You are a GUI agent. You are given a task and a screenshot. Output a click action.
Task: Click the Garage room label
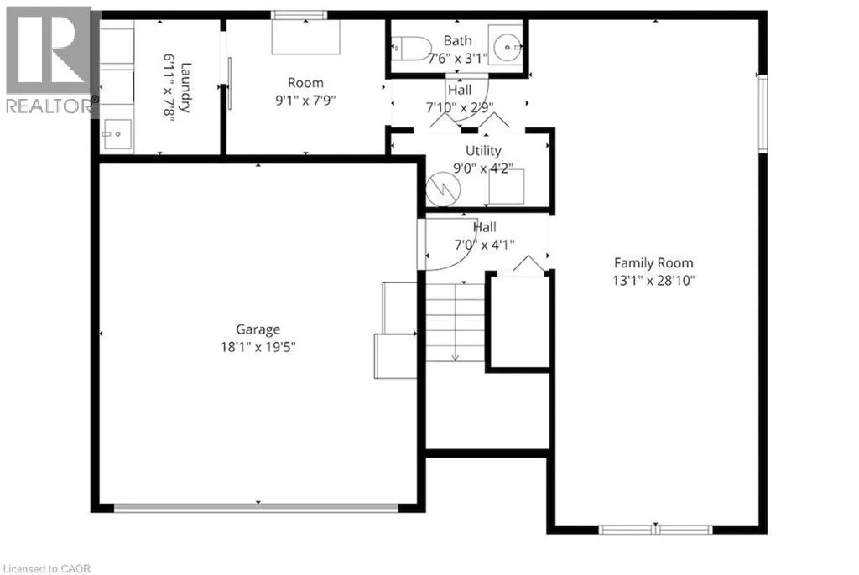pos(258,329)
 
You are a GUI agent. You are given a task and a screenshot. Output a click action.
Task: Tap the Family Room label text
pos(653,263)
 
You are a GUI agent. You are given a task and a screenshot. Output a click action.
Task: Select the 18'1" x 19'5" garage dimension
pos(258,347)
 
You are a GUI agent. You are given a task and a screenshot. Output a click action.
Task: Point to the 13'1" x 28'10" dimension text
pos(653,281)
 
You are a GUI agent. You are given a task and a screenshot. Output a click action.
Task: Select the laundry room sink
pos(116,133)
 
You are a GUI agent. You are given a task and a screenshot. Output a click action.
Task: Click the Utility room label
pos(483,151)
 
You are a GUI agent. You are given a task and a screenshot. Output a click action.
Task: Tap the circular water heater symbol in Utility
pos(443,189)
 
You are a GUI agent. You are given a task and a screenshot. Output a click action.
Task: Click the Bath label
pos(457,40)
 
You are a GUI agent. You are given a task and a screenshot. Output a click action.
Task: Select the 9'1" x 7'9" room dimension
pos(305,101)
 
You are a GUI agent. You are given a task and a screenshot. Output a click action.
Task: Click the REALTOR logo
pos(49,60)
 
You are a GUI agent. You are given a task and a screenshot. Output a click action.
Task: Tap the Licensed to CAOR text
pos(46,569)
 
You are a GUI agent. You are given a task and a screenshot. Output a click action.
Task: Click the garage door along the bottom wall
pos(256,508)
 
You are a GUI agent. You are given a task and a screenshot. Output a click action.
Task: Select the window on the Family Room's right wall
pos(762,113)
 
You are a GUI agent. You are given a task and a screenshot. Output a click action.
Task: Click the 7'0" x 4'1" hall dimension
pos(484,245)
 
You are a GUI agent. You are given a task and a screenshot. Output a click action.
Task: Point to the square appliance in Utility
pos(506,187)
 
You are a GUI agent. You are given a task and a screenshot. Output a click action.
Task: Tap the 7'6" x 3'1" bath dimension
pos(457,59)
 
